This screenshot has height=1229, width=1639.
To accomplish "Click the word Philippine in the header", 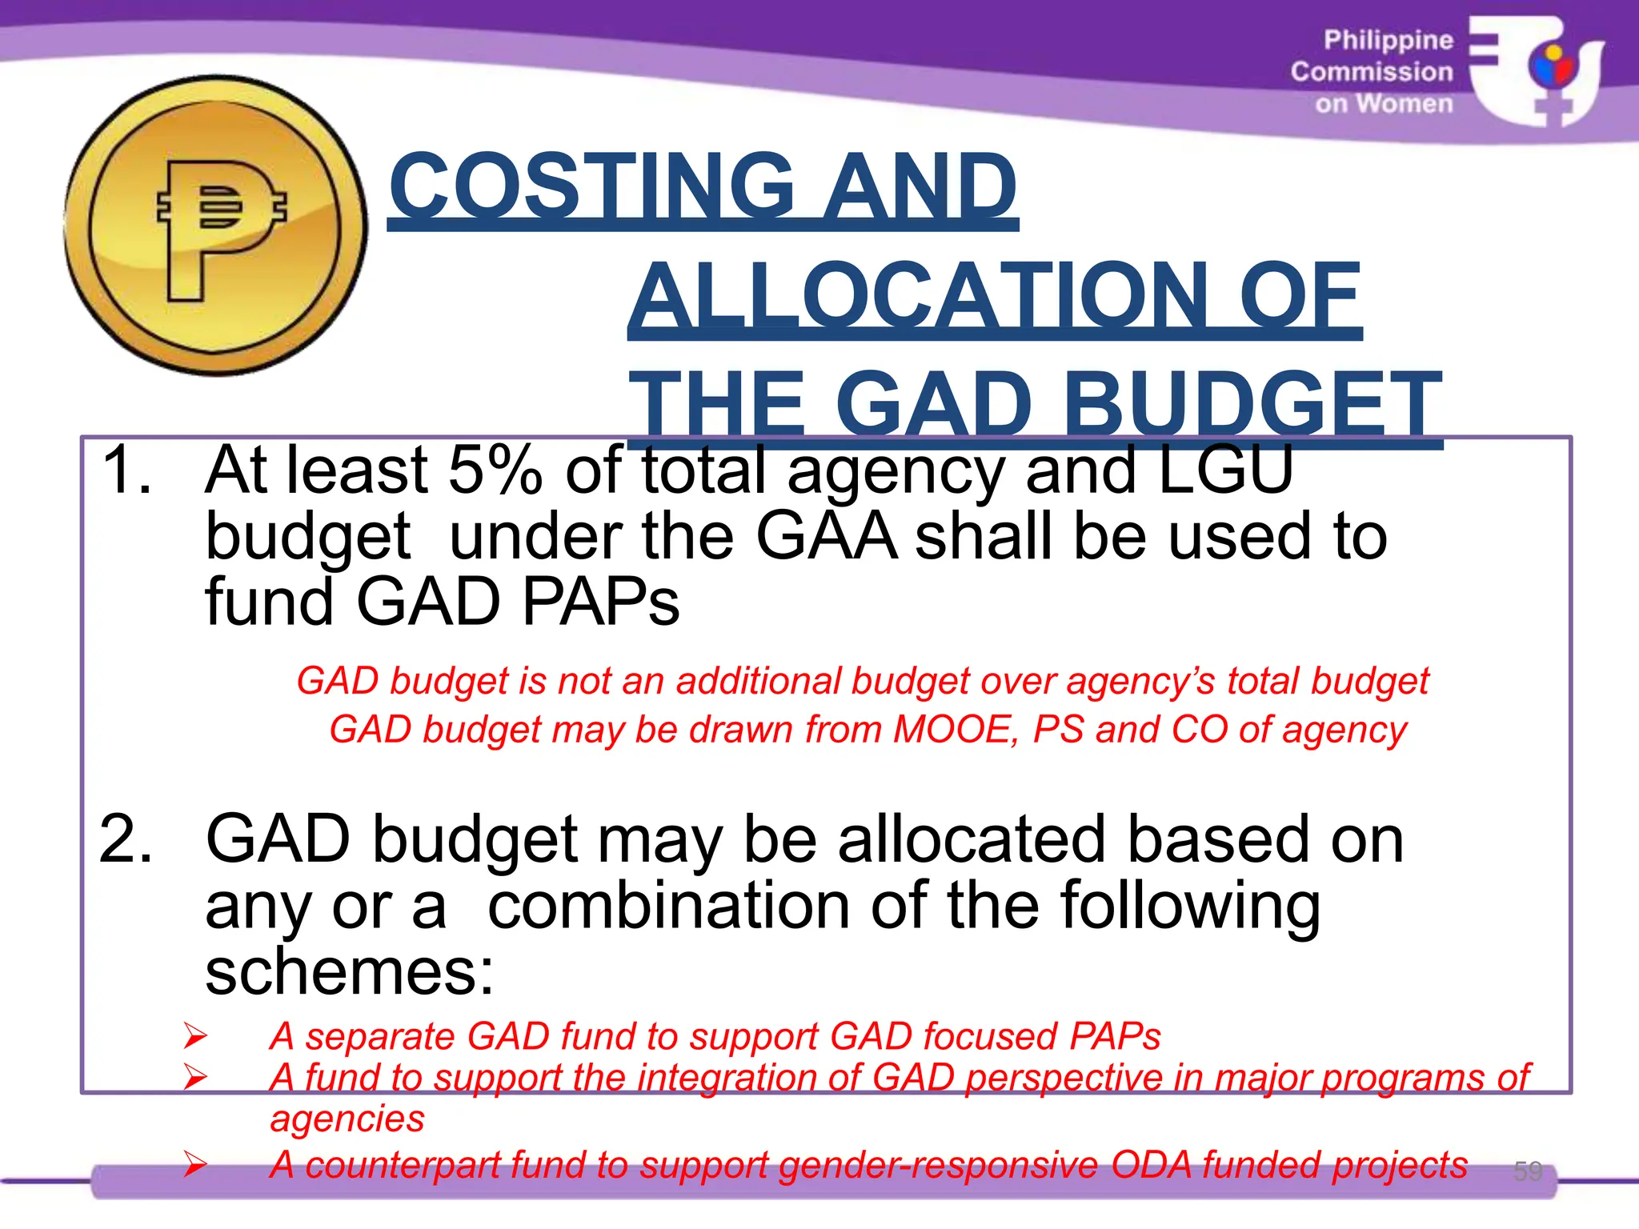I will [1388, 40].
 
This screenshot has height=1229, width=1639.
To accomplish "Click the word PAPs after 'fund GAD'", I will [600, 602].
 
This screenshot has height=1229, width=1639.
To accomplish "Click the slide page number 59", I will [1527, 1171].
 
